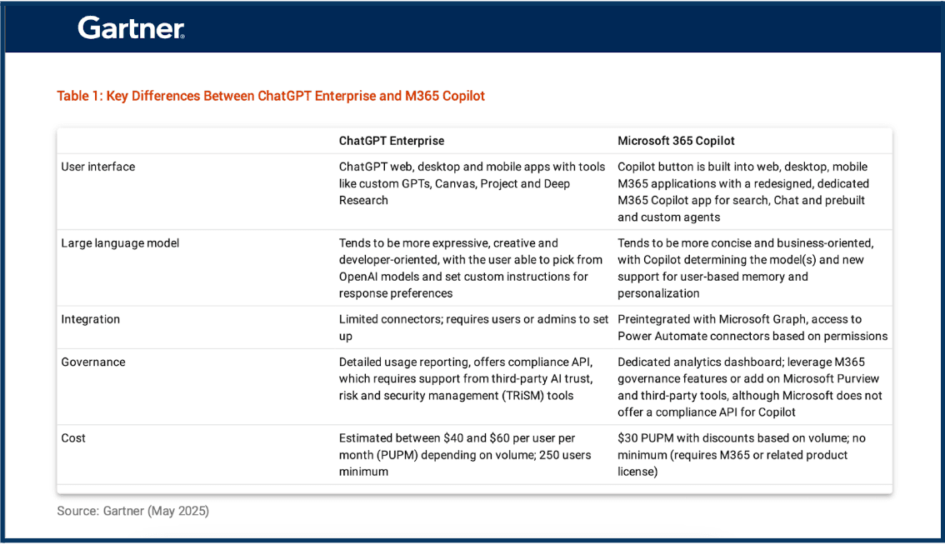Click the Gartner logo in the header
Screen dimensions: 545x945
click(x=131, y=28)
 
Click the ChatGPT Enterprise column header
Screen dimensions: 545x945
click(x=391, y=141)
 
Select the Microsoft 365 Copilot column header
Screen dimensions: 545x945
click(x=676, y=141)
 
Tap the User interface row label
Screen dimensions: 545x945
click(x=97, y=167)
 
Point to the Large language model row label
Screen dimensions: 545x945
click(x=120, y=243)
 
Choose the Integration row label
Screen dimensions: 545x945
click(x=90, y=319)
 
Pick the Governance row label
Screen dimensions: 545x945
click(x=92, y=362)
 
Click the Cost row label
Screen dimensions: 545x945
click(x=73, y=438)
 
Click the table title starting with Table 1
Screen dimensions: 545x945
click(x=271, y=96)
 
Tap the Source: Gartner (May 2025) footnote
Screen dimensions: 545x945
click(x=132, y=511)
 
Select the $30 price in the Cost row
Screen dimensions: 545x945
click(x=627, y=438)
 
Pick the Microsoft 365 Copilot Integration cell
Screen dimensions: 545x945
click(x=752, y=327)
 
